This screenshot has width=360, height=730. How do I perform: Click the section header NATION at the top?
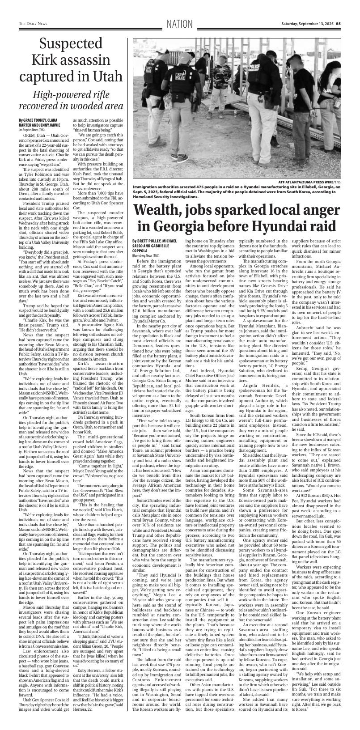coord(179,24)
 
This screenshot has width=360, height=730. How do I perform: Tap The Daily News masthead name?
coord(33,24)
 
